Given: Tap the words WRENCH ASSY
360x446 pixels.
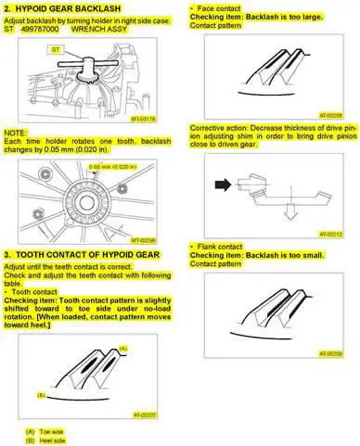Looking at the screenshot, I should (110, 29).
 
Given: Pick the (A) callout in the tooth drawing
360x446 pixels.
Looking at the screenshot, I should (123, 345).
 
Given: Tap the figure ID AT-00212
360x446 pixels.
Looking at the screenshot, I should (330, 235).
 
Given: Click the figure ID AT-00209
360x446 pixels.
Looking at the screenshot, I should (330, 353).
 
